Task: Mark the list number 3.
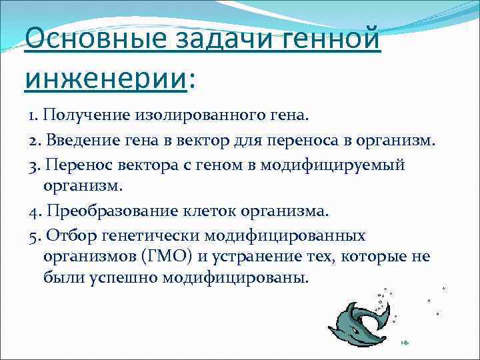32,165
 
